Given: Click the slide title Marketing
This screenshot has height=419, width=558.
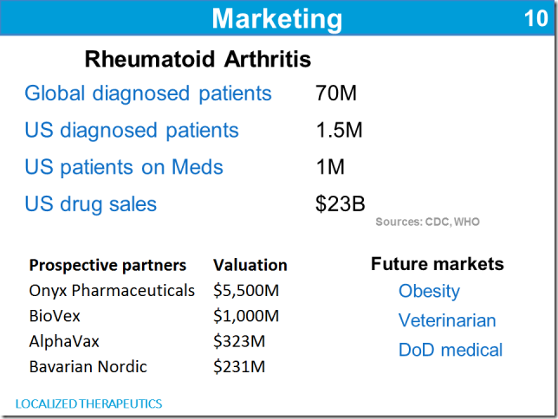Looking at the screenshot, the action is tap(277, 19).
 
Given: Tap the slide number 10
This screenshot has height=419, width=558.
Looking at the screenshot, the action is tap(536, 18).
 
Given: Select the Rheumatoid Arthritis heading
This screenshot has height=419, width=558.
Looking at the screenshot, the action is tap(198, 59).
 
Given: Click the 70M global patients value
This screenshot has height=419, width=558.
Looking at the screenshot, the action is tap(336, 93).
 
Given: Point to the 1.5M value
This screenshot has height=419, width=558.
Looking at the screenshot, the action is tap(339, 130).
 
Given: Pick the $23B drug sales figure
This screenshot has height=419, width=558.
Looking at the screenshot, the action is tap(341, 203).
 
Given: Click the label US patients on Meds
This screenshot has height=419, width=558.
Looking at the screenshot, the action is tap(124, 167).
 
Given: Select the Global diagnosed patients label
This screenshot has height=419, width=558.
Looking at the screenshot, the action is tap(148, 93).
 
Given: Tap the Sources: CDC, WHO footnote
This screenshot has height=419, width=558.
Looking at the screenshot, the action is tap(427, 222).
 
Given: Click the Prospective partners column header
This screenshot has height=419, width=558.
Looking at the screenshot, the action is tap(107, 266).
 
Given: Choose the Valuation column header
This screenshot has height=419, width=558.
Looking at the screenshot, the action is tap(250, 265).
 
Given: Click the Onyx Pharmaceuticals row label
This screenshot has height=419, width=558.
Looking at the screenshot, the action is tap(112, 291).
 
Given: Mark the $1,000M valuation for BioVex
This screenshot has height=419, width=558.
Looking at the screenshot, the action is tap(246, 316).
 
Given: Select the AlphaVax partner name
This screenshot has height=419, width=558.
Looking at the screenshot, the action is tap(64, 341).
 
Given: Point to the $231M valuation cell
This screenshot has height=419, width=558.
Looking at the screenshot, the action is tap(239, 367).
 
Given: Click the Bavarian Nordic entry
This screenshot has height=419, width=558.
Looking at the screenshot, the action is tap(88, 367).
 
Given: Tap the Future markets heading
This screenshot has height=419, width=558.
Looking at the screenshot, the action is tap(438, 264).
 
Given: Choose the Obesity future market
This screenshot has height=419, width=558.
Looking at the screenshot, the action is tap(429, 292).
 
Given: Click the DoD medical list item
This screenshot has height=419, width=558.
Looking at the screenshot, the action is tap(451, 350).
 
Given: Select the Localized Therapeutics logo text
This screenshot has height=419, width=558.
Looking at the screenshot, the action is tap(88, 403).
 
